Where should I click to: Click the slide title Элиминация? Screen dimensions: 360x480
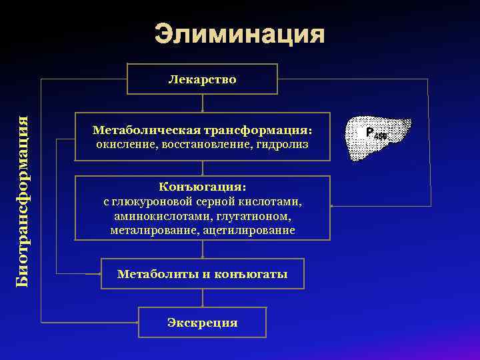coord(240,35)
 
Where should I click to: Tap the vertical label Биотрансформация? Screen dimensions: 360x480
coord(23,201)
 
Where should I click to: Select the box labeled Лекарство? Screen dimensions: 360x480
coord(202,79)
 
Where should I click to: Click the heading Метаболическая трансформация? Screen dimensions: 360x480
coord(202,130)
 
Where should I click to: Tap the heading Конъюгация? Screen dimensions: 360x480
coord(202,187)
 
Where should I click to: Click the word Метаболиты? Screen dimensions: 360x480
coord(155,274)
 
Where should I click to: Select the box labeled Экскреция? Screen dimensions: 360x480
coord(202,323)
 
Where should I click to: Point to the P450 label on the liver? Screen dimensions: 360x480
coord(375,134)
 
